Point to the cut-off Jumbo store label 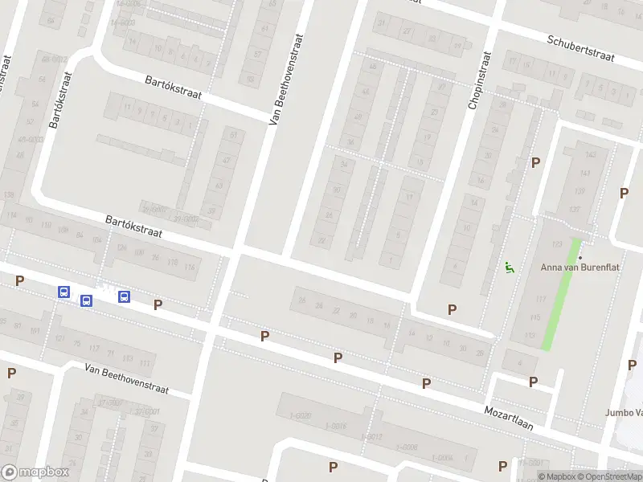tap(625, 413)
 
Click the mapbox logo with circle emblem tap(35, 472)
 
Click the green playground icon tap(509, 268)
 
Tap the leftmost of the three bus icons tap(63, 292)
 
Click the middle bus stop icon tap(86, 300)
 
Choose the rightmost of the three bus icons tap(124, 296)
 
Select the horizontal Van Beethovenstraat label tap(127, 378)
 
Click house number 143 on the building tap(592, 154)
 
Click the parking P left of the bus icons tap(20, 280)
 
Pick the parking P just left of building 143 tap(535, 162)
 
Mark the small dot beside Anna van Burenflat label tap(580, 257)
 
